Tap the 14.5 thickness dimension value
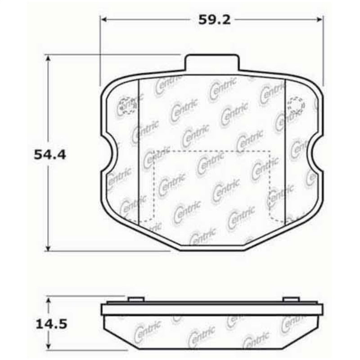(x=49, y=323)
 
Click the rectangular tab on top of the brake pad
(x=211, y=63)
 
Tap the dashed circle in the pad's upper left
(x=126, y=105)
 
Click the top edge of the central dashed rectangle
(x=211, y=150)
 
